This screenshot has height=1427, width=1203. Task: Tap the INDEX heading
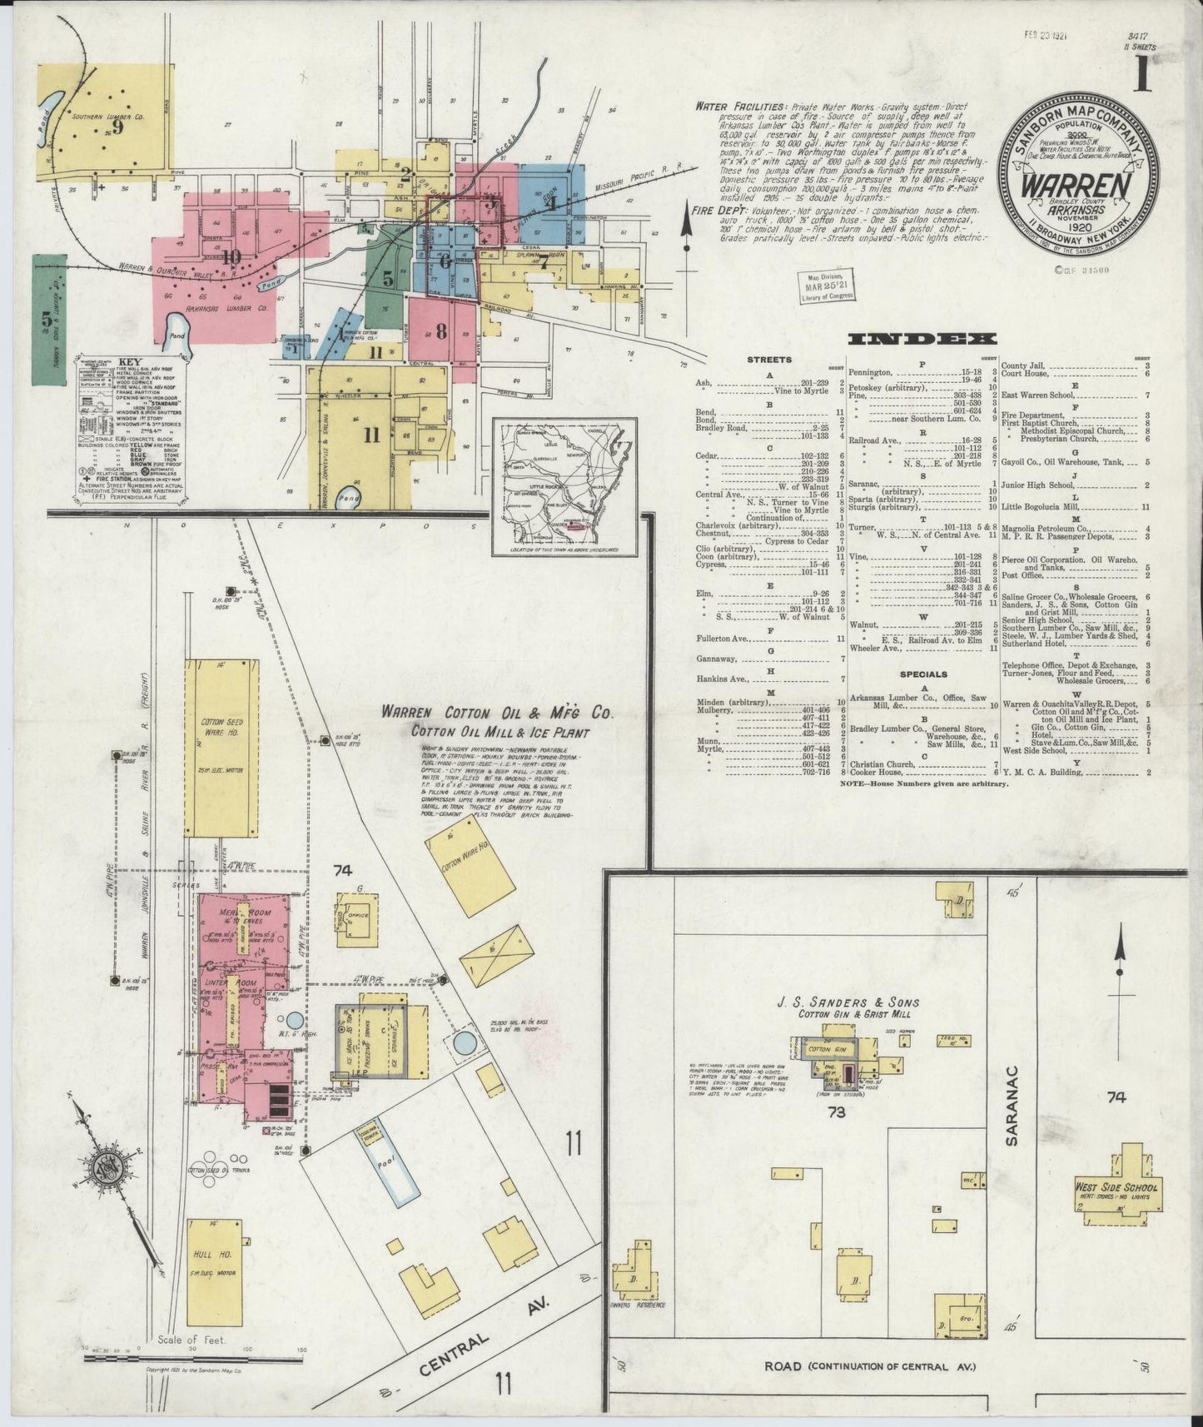921,339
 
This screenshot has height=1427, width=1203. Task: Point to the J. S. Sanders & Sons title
854,1002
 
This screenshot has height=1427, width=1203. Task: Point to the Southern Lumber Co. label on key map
107,117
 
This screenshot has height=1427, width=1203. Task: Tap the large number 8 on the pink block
441,330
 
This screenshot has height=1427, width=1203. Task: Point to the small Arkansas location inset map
564,486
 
